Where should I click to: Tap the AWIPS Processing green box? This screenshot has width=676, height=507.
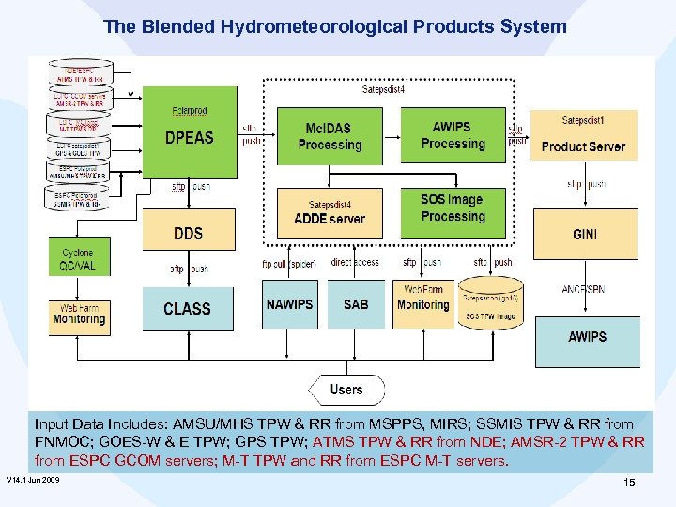[x=453, y=136]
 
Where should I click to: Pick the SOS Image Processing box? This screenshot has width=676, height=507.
[x=453, y=208]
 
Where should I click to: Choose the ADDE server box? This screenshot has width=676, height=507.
[x=330, y=213]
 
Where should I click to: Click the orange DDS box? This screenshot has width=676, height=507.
[x=189, y=233]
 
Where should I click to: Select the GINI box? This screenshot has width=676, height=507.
[x=584, y=235]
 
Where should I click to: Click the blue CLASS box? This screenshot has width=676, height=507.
[x=187, y=309]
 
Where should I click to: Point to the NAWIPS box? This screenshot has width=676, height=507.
[x=290, y=304]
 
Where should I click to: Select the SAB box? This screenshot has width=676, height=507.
[x=356, y=304]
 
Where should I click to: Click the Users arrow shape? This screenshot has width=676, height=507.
[x=346, y=390]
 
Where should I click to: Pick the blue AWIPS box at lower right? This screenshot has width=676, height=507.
[x=587, y=337]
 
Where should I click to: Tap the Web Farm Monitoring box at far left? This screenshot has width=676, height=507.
[x=79, y=315]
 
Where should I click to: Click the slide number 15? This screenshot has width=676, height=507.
[x=629, y=483]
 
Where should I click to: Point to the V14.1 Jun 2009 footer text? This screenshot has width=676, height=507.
[x=33, y=480]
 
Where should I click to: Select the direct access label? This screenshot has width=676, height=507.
[x=355, y=263]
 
